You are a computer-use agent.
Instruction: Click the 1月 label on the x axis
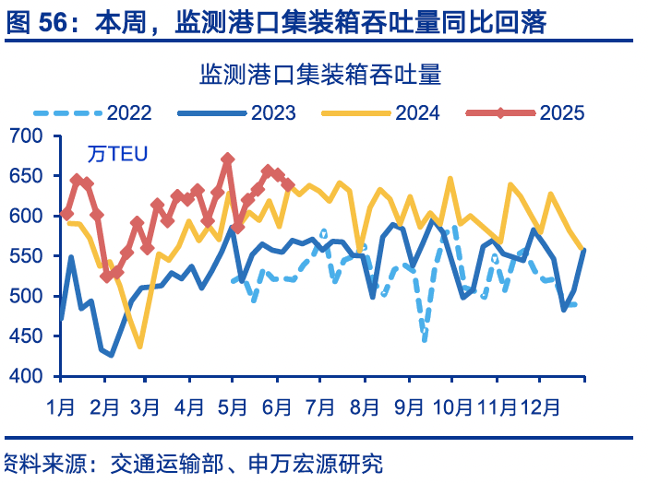[x=61, y=406]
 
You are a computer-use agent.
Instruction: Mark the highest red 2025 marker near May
[x=228, y=159]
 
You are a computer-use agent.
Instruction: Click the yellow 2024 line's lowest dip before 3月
[x=140, y=347]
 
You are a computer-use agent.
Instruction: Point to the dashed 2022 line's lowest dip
[x=425, y=340]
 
